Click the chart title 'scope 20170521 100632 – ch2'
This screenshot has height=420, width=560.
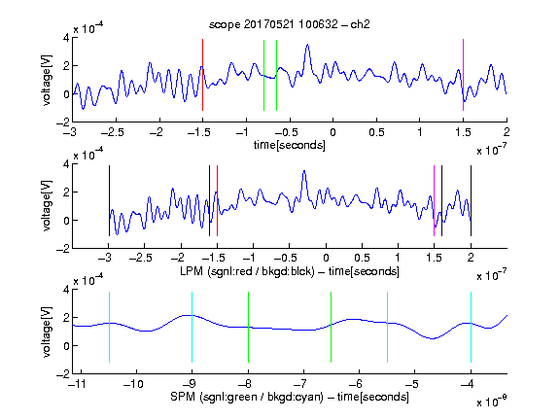290,24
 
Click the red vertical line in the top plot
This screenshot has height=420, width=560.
202,75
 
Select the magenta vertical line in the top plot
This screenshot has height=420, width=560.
463,75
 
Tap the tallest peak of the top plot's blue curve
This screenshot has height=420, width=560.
307,45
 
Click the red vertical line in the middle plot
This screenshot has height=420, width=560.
217,200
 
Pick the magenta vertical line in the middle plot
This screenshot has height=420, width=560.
434,200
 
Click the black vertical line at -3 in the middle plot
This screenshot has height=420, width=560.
109,200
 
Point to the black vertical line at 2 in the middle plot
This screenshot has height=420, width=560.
471,200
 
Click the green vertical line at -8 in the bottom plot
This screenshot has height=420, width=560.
248,327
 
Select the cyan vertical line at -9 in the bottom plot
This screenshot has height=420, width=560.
192,327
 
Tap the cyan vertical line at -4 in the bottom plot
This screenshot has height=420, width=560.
471,327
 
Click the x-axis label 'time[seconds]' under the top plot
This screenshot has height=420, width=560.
290,145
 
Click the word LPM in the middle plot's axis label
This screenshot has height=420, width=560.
192,271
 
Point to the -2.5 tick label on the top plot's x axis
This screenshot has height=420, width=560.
112,132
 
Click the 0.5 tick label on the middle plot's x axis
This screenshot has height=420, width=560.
362,258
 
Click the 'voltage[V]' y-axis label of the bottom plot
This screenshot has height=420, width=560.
47,332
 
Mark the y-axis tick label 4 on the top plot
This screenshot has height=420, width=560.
66,38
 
